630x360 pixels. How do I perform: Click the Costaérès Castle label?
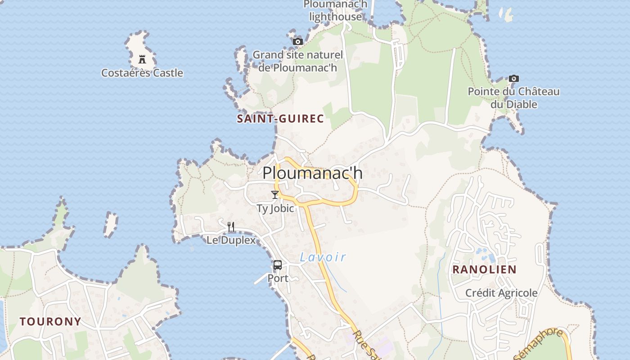142,73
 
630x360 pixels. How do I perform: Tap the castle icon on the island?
142,59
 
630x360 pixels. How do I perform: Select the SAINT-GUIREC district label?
280,119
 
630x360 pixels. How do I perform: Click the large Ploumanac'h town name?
312,173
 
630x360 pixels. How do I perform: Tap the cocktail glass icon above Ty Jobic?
275,195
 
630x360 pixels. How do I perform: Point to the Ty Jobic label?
275,208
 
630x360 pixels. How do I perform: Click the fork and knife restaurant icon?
231,226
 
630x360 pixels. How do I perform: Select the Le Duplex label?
231,240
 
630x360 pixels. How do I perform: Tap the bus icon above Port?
278,265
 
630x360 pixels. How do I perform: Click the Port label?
278,278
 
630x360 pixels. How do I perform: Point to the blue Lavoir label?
323,257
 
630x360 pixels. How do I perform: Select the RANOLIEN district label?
484,270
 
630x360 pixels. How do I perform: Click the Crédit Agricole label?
501,293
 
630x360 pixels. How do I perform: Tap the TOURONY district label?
50,321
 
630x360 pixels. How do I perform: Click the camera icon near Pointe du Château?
514,78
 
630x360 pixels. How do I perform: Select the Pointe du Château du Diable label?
514,98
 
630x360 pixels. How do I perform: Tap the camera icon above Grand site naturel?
297,41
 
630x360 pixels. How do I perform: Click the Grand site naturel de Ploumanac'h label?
297,61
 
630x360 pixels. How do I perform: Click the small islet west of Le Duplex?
110,224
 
